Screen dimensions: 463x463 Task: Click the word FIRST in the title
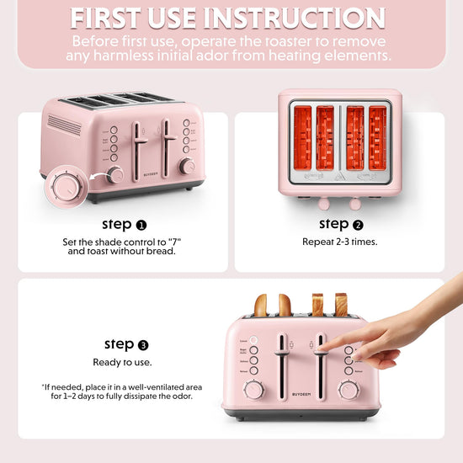click(106, 19)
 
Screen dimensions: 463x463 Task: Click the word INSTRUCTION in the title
click(295, 19)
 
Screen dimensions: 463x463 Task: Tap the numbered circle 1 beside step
click(141, 226)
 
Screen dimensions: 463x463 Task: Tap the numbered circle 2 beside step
click(358, 226)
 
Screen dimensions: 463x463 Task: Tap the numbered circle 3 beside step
click(143, 345)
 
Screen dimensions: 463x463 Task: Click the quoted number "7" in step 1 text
click(174, 242)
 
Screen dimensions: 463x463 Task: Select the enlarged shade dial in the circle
click(67, 188)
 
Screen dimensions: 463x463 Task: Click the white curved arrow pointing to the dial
click(98, 176)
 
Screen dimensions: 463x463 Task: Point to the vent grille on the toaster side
click(64, 125)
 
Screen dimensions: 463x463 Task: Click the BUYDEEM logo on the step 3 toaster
click(301, 394)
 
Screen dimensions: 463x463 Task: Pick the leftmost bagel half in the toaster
click(261, 306)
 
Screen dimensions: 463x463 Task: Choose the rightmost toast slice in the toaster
click(341, 305)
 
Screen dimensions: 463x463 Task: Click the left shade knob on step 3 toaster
click(253, 391)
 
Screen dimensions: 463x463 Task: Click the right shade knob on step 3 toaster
click(349, 391)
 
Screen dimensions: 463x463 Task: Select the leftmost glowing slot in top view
click(303, 138)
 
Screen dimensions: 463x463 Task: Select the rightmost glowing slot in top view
click(378, 138)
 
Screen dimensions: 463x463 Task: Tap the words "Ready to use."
click(122, 362)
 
